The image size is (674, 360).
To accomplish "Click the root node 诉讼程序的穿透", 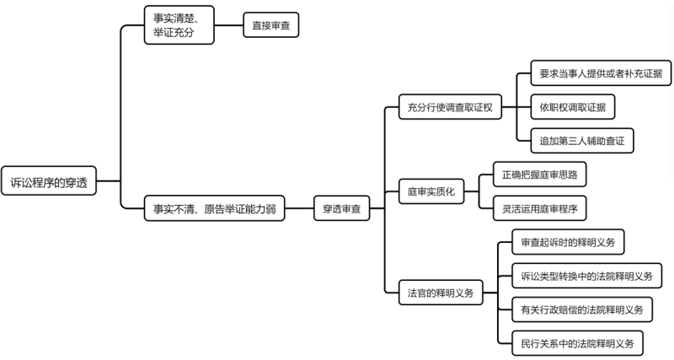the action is click(49, 181).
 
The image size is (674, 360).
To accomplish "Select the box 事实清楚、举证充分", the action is click(179, 25).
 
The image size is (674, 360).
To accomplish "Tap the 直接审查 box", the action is click(270, 25).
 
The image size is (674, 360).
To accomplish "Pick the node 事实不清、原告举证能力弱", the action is click(214, 208).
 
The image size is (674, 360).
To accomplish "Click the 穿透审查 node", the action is click(342, 208).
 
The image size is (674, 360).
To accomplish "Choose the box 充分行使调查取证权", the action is click(450, 107).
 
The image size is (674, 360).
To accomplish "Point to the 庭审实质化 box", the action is click(431, 191).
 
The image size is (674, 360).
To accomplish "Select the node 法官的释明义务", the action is click(441, 293).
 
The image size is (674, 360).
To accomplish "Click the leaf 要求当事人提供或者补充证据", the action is click(601, 73).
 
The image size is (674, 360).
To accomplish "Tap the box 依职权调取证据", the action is click(573, 107).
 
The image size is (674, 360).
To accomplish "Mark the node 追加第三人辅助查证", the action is click(582, 141).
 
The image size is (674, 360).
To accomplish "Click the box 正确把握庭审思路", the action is click(539, 175).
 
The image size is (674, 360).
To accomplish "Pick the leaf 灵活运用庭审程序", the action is click(539, 208).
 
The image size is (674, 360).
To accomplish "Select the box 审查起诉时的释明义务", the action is click(568, 242).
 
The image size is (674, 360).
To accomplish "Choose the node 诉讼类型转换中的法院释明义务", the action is click(586, 276).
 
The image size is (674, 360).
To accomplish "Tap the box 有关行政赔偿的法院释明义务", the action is click(582, 309).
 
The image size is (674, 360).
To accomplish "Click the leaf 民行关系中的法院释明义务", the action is click(577, 343).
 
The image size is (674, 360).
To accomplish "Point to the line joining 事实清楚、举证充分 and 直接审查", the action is click(228, 25).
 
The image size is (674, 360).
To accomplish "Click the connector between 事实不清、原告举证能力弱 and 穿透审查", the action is click(299, 208).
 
